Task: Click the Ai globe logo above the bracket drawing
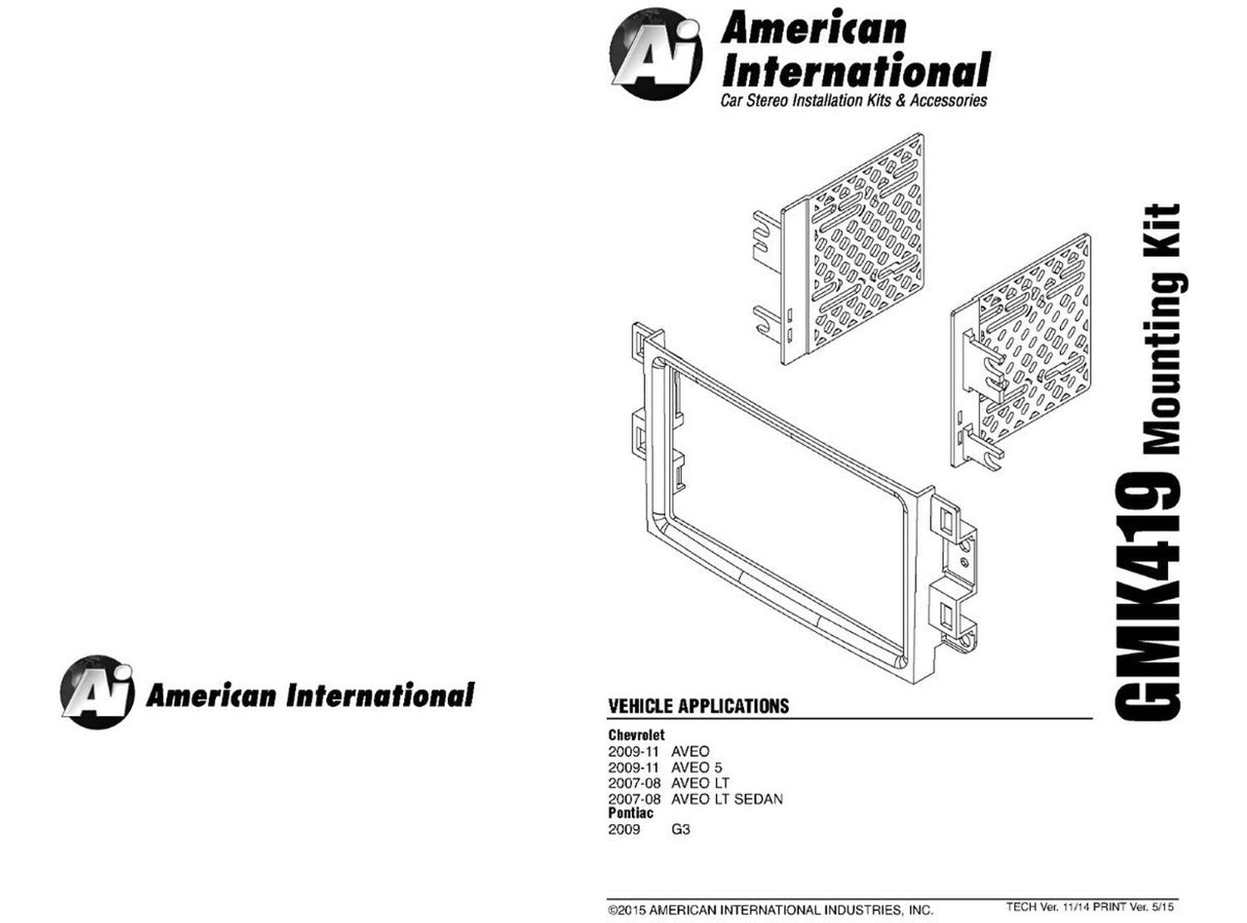656,54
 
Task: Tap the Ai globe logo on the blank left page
97,693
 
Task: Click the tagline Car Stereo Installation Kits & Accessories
854,101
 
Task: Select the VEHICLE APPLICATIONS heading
698,706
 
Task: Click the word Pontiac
631,812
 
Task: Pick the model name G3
680,829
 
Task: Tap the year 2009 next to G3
623,829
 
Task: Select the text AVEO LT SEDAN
727,799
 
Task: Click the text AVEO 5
697,768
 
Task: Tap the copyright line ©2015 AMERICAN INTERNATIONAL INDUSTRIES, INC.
770,910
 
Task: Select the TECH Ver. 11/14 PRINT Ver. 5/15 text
1090,906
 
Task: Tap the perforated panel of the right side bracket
1035,338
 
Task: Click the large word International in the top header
855,71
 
